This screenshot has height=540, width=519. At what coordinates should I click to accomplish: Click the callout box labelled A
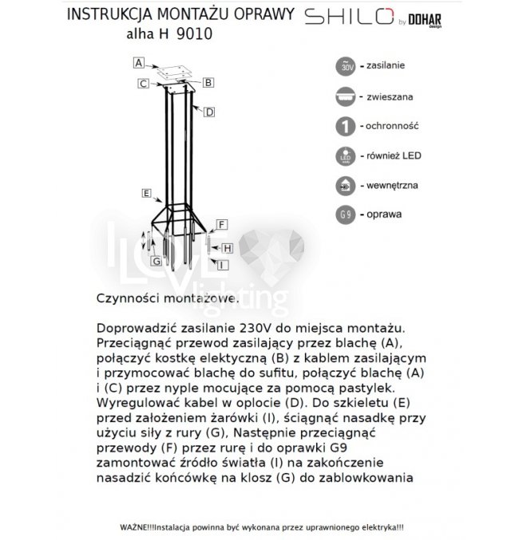click(138, 62)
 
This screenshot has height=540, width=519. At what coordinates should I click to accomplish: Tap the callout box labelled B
click(207, 82)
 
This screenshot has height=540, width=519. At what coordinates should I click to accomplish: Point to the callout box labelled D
click(208, 112)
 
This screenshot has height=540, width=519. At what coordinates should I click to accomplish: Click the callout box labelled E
click(146, 193)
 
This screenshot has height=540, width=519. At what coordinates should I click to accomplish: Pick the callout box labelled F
click(223, 224)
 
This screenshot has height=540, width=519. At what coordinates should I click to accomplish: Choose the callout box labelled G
click(156, 261)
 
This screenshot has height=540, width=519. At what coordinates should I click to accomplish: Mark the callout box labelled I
click(224, 264)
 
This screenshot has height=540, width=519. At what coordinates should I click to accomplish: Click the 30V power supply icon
click(345, 66)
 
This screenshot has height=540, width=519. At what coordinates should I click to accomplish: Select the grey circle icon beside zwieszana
click(345, 97)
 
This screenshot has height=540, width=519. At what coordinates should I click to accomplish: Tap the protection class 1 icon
click(345, 126)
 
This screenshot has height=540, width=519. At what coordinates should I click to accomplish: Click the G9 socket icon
click(345, 215)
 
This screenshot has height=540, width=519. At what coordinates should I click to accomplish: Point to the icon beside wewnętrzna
click(345, 185)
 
